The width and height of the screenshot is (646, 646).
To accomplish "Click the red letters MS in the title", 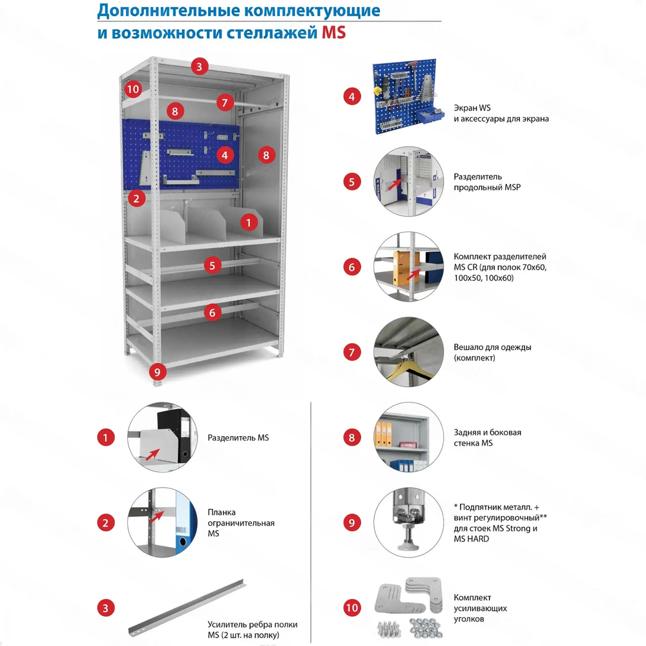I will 333,32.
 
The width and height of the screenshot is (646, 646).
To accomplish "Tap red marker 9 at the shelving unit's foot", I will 157,371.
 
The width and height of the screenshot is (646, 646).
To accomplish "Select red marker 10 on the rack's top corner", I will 133,89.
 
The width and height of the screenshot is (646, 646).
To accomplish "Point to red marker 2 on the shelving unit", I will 135,198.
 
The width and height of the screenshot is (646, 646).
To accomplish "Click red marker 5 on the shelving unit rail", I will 212,264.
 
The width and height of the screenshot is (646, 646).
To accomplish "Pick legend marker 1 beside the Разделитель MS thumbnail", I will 106,438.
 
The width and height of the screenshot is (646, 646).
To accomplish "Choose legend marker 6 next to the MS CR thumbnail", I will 351,267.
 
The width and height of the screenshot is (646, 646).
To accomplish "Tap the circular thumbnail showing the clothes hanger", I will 408,352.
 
